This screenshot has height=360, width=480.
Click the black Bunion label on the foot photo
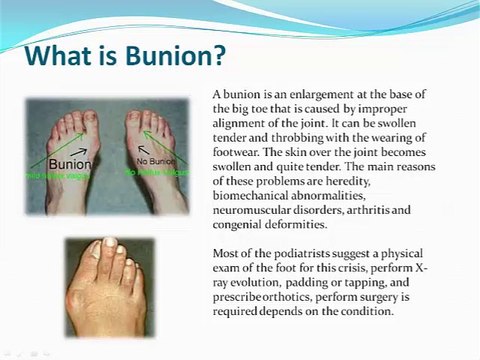70,164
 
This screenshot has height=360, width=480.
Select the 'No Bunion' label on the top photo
155,161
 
